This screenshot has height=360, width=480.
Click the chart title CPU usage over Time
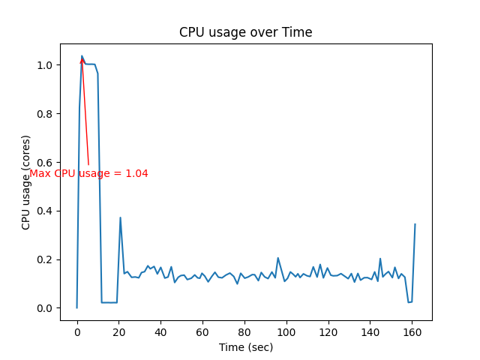coord(245,32)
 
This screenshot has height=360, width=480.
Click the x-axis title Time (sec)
coord(245,347)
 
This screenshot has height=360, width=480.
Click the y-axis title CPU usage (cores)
coord(26,182)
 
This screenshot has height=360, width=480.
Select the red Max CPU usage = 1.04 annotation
coord(88,174)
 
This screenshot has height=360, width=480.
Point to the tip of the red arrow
coord(82,57)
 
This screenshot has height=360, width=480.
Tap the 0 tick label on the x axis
coord(76,332)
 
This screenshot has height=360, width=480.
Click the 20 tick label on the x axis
coord(118,332)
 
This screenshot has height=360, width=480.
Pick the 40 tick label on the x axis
coord(160,332)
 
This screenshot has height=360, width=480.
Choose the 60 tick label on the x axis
coord(202,332)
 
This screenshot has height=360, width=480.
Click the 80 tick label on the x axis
coord(244,332)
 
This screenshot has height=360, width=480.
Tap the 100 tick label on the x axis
coord(286,332)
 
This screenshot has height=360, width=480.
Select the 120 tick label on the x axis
coord(328,332)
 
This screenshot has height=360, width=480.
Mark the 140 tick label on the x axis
coord(370,332)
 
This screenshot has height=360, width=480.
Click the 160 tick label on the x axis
coord(412,332)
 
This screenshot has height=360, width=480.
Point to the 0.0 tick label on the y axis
coord(46,308)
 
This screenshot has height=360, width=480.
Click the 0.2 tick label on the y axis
coord(46,259)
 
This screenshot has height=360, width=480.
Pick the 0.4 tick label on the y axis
coord(46,211)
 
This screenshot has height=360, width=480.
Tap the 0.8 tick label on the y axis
coord(46,114)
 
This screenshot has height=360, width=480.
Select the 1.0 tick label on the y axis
coord(46,65)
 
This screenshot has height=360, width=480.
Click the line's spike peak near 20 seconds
coord(120,217)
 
